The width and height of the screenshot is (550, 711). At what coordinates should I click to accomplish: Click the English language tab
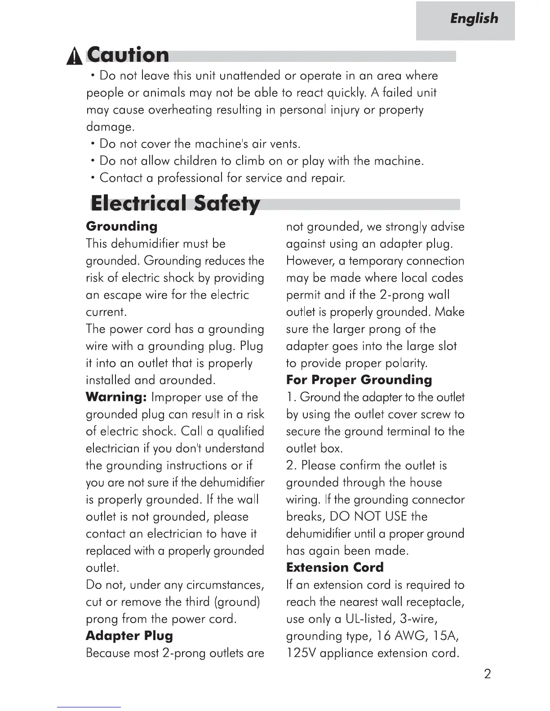[x=474, y=19]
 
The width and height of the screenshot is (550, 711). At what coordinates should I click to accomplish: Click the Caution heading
[x=129, y=55]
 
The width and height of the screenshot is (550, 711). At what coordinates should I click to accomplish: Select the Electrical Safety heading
[x=175, y=203]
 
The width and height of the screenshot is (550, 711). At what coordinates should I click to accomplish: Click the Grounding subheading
[x=122, y=226]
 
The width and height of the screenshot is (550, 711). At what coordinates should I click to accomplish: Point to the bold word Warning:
[x=116, y=397]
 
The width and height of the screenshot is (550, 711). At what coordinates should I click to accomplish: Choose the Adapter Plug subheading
[x=129, y=636]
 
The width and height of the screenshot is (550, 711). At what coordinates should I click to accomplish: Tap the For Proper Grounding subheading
[x=359, y=380]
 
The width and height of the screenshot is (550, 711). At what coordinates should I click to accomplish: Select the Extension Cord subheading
[x=335, y=568]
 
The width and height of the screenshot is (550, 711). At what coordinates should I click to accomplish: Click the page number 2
[x=488, y=674]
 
